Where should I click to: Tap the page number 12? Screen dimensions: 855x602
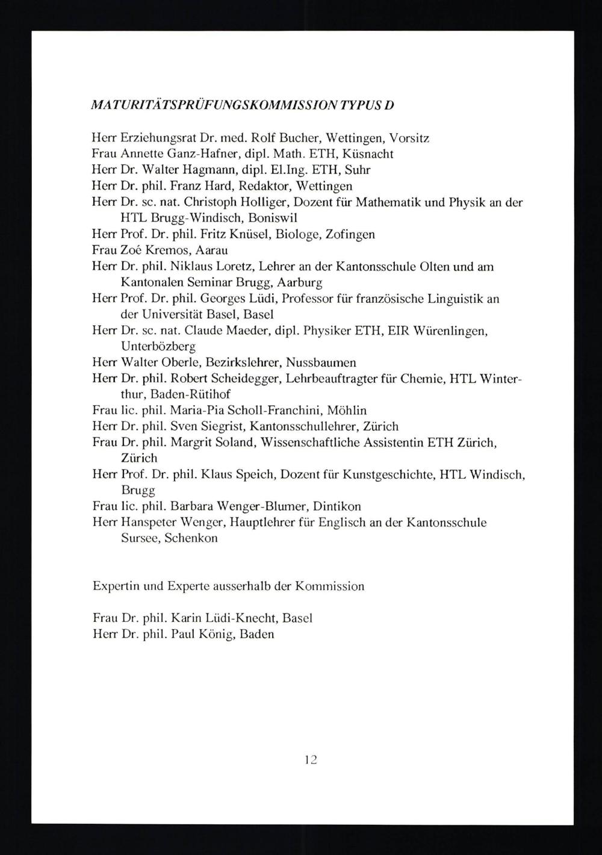(x=311, y=759)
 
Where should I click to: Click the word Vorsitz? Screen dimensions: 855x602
(x=409, y=138)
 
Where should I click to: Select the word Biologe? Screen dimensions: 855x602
(x=297, y=234)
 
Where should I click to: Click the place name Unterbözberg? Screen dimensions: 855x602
(x=158, y=346)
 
